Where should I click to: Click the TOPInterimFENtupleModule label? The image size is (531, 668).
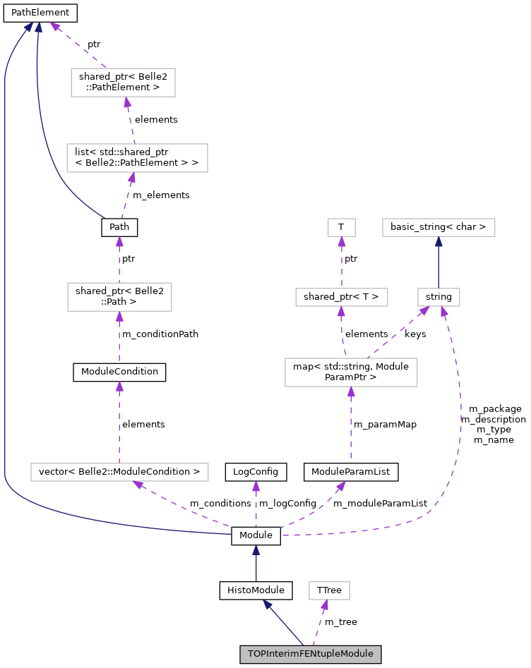310,654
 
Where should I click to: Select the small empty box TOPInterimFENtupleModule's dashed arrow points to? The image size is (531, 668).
329,590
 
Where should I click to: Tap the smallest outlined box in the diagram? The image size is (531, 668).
342,227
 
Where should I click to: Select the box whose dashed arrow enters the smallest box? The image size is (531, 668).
342,297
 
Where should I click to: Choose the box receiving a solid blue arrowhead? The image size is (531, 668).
438,227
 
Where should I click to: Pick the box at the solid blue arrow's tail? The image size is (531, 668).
438,297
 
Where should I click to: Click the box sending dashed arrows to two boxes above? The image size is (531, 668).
351,372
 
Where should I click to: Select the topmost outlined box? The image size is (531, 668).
123,83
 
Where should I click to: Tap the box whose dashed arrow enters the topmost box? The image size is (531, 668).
137,157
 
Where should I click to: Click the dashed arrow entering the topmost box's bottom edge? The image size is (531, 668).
130,120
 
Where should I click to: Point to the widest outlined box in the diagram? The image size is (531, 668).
119,472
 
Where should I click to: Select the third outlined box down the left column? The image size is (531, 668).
119,297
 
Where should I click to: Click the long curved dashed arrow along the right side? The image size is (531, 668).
459,423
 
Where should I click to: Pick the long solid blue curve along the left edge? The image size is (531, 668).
5,282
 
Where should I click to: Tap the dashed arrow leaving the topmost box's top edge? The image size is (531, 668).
78,46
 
